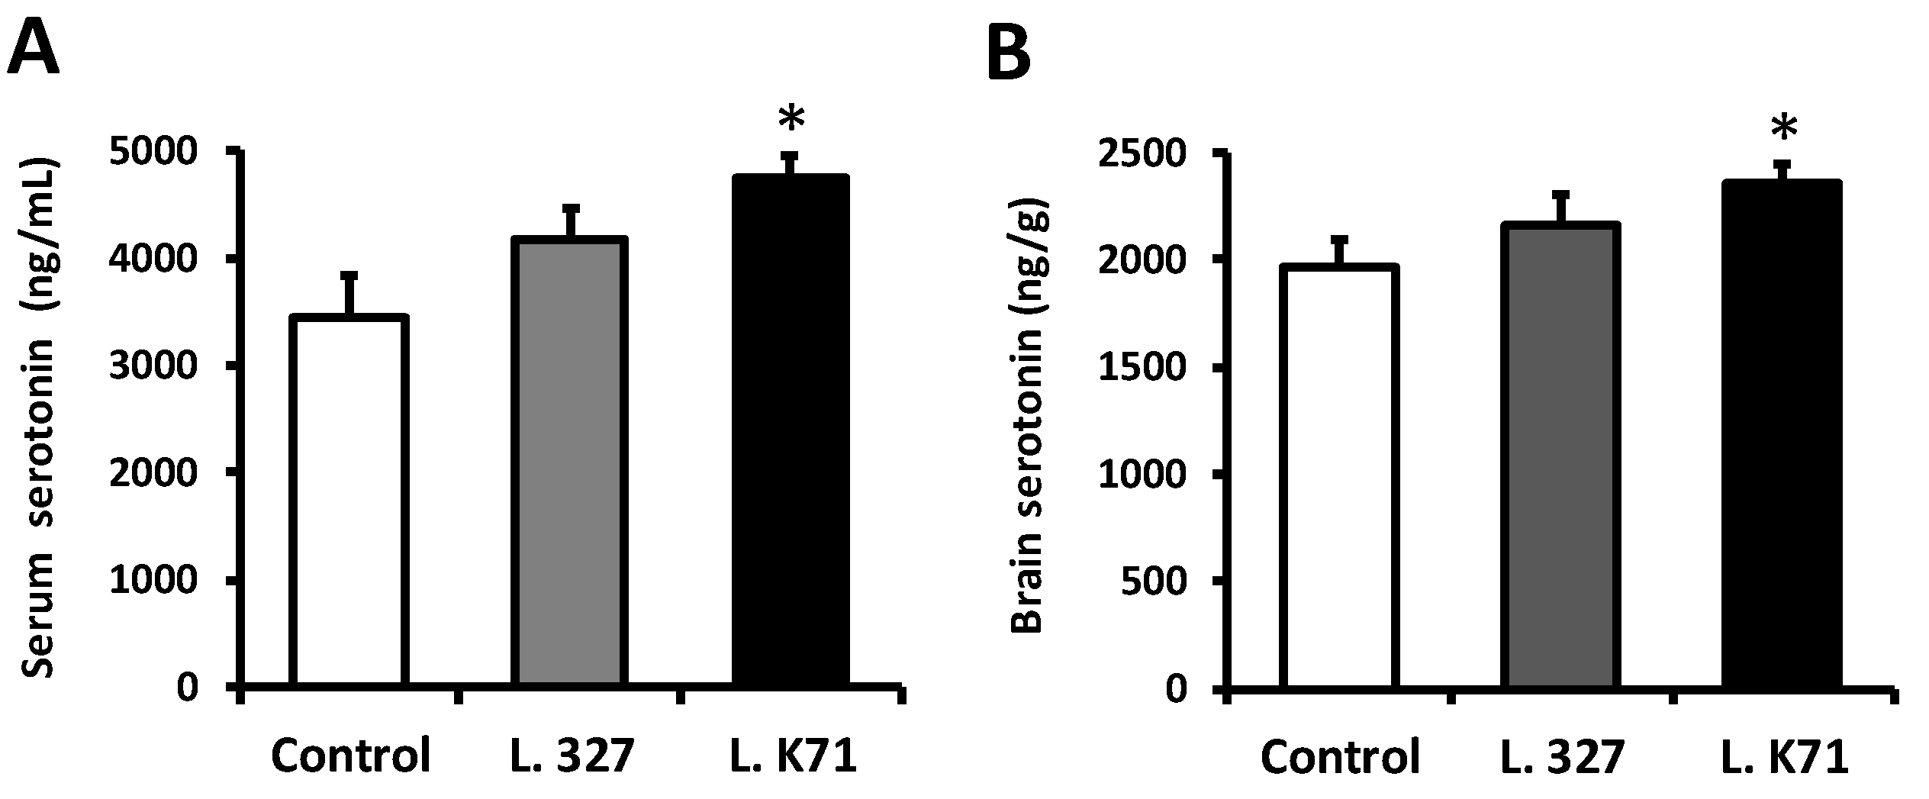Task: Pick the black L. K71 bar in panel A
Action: coord(791,431)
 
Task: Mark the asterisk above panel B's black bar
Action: coord(1784,127)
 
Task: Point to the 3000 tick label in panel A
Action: coord(153,367)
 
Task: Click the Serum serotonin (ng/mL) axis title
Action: coord(38,420)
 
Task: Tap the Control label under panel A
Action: coord(351,756)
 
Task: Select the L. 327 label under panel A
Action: coord(571,756)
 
